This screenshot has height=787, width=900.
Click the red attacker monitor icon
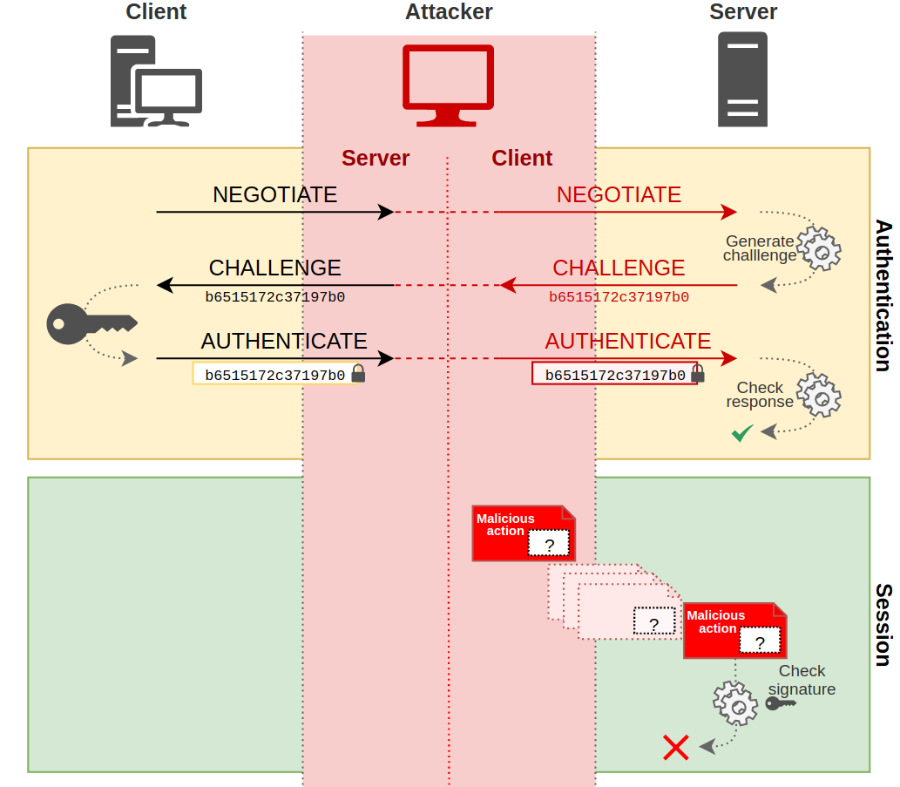point(448,85)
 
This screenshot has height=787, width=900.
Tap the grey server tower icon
point(742,79)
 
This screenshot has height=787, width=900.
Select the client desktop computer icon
point(156,81)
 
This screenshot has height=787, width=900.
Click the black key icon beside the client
point(91,322)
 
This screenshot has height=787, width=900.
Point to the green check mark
point(742,432)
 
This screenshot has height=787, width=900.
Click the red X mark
point(676,747)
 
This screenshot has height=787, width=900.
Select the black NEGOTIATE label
point(274,194)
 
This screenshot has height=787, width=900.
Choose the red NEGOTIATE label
point(619,194)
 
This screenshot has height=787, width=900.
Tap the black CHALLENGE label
point(274,268)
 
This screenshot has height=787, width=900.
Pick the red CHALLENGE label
point(619,268)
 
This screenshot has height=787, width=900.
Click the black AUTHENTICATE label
point(284,341)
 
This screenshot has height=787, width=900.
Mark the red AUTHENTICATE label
point(628,341)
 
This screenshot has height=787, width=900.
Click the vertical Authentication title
point(883,295)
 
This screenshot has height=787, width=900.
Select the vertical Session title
point(883,625)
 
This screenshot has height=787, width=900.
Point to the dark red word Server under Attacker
point(376,158)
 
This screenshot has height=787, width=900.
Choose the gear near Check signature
point(734,702)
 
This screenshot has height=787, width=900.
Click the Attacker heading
point(449,11)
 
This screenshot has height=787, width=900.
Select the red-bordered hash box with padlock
point(615,375)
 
